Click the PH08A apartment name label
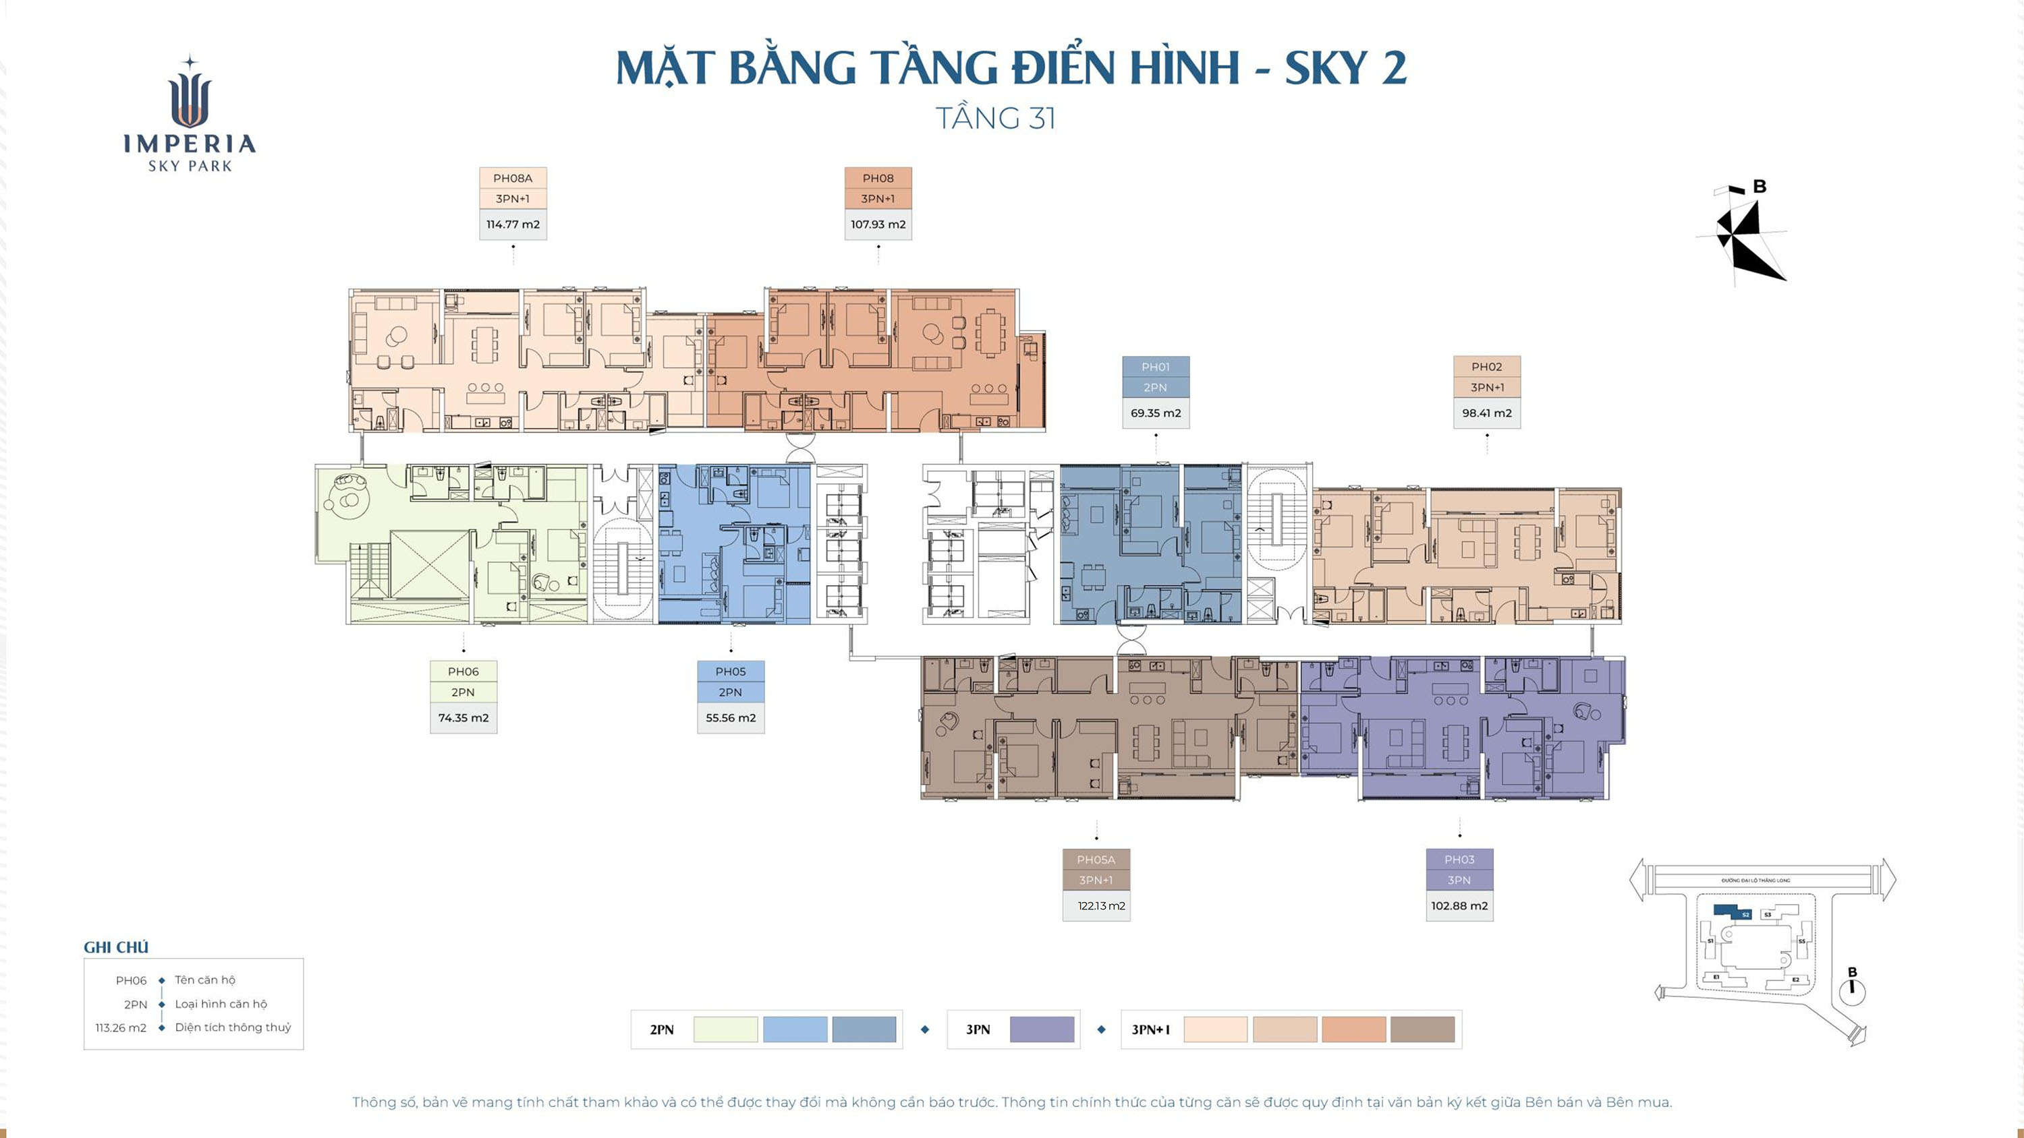pyautogui.click(x=512, y=178)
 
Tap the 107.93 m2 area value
pyautogui.click(x=878, y=224)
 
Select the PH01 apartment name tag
pyautogui.click(x=1155, y=367)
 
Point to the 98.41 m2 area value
pyautogui.click(x=1486, y=413)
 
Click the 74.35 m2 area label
pyautogui.click(x=463, y=718)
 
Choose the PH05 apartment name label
pyautogui.click(x=730, y=671)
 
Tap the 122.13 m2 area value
pyautogui.click(x=1101, y=906)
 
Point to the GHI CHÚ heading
pyautogui.click(x=116, y=947)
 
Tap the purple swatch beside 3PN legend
pyautogui.click(x=1041, y=1029)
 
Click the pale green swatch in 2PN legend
pyautogui.click(x=725, y=1029)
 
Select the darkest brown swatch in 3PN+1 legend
pyautogui.click(x=1422, y=1029)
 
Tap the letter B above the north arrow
pyautogui.click(x=1760, y=187)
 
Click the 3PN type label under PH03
pyautogui.click(x=1459, y=880)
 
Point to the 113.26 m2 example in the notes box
pyautogui.click(x=121, y=1028)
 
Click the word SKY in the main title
pyautogui.click(x=1326, y=68)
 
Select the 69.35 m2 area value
pyautogui.click(x=1155, y=413)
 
